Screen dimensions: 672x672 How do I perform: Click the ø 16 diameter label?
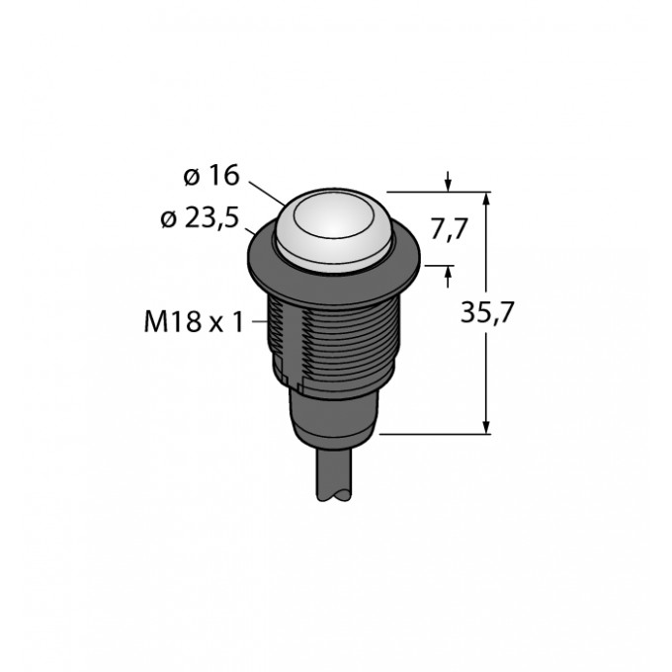coord(211,176)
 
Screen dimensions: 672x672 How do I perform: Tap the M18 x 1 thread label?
coord(192,320)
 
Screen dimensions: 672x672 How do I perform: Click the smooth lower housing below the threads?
coord(331,410)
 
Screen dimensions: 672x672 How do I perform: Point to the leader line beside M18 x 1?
coord(260,320)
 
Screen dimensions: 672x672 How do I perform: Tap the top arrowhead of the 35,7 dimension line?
coord(487,197)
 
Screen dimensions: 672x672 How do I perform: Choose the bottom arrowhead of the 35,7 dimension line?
coord(487,426)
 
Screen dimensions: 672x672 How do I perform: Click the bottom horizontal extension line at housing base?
coord(435,433)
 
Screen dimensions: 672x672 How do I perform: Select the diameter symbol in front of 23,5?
coord(167,219)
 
